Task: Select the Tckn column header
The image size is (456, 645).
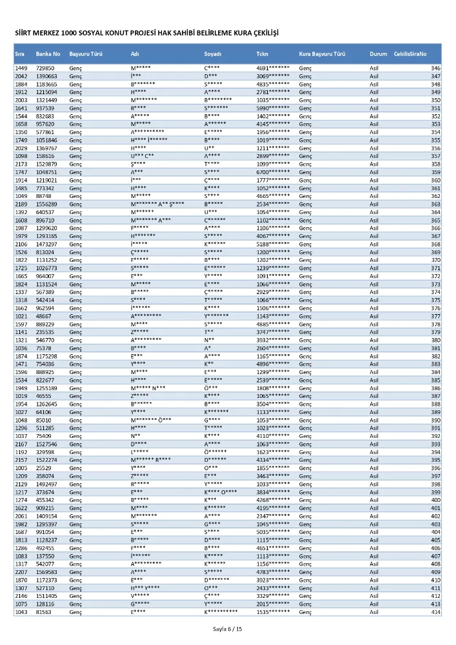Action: click(262, 54)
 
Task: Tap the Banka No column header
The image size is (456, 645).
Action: click(48, 54)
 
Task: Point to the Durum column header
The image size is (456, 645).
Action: click(378, 54)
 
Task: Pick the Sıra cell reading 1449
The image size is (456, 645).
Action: click(21, 68)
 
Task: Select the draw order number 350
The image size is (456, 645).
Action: click(435, 101)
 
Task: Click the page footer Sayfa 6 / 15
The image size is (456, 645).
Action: click(228, 628)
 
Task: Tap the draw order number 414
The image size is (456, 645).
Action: click(435, 612)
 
